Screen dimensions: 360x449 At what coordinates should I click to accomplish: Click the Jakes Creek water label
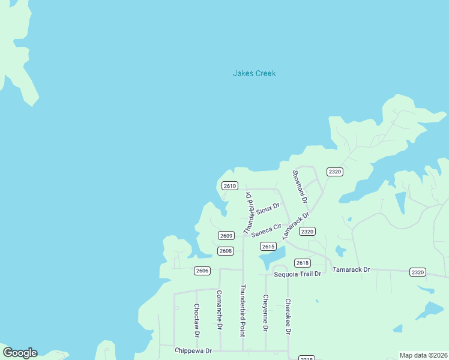point(254,74)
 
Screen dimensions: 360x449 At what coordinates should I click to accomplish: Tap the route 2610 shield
point(230,186)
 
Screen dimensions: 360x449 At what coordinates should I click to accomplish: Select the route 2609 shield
point(226,236)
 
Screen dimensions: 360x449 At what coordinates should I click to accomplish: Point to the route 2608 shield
point(226,251)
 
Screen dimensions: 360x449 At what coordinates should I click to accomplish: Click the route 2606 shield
point(202,271)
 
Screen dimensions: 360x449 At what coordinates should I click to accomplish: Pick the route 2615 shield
point(268,247)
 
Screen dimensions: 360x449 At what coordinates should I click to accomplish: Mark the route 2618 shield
point(303,263)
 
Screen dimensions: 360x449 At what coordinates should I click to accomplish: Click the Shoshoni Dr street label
point(300,187)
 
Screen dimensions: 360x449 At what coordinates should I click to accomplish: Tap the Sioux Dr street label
point(268,209)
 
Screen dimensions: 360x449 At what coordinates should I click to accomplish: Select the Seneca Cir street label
point(267,230)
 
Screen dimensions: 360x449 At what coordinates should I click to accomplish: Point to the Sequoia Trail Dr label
point(298,274)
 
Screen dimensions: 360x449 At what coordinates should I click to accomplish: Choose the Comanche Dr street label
point(219,310)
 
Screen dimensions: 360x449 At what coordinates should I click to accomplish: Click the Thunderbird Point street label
point(243,310)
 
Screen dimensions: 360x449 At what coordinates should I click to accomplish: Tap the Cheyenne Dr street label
point(265,313)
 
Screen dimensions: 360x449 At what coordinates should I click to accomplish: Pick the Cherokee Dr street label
point(288,316)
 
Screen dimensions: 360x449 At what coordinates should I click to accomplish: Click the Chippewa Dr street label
point(193,350)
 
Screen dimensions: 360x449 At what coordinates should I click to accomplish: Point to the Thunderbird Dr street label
point(247,212)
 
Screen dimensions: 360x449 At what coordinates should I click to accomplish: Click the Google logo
point(20,353)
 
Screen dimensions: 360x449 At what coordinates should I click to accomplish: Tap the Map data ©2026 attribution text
point(423,355)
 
